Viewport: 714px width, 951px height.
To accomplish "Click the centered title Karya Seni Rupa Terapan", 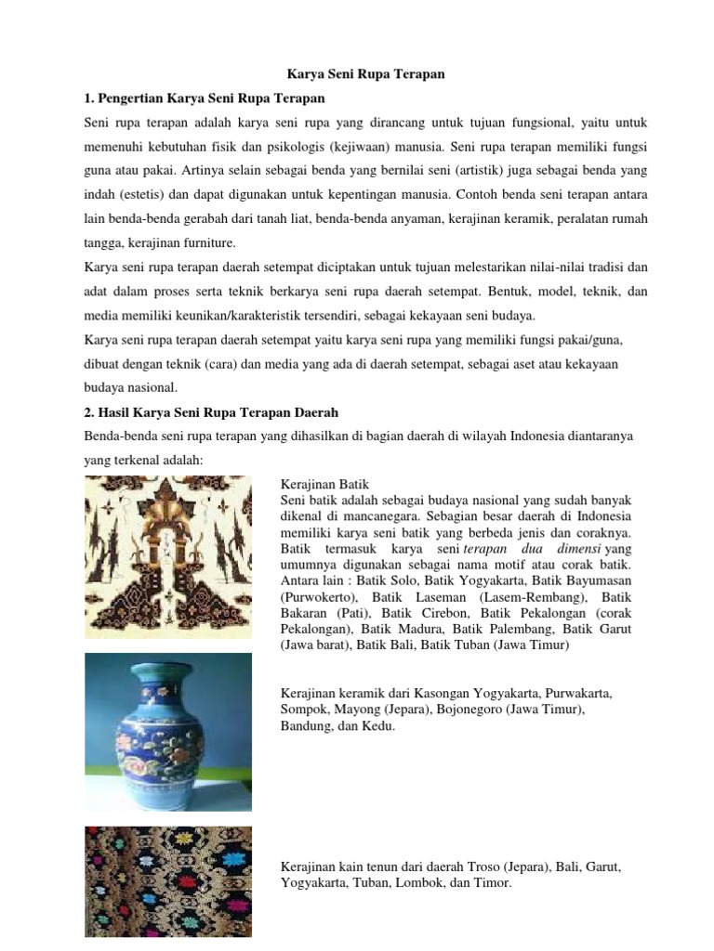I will [x=358, y=73].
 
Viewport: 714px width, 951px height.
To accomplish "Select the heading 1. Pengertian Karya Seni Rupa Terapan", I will [x=205, y=98].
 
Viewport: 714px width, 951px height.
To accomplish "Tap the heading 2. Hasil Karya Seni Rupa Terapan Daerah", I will [x=212, y=411].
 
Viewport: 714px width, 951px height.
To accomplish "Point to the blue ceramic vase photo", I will [x=168, y=732].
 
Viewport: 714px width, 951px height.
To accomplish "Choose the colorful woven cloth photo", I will [x=168, y=882].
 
